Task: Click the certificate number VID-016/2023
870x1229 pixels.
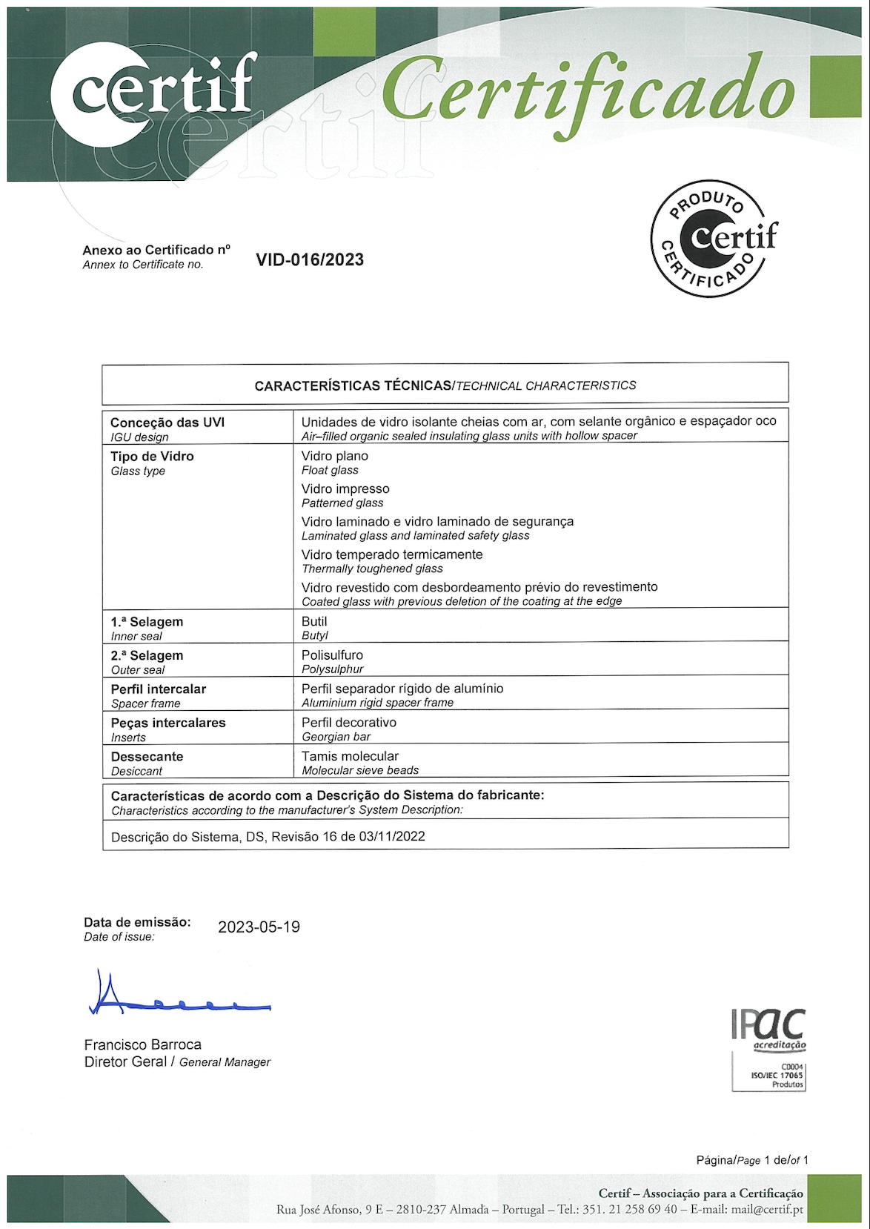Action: pyautogui.click(x=310, y=260)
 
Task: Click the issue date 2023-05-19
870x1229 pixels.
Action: pyautogui.click(x=259, y=927)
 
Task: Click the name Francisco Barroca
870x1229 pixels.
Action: pyautogui.click(x=143, y=1045)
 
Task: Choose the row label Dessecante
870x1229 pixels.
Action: pyautogui.click(x=147, y=757)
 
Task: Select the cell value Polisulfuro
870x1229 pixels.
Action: pyautogui.click(x=332, y=655)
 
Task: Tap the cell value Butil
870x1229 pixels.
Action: pyautogui.click(x=314, y=622)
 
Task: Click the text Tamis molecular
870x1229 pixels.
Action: pyautogui.click(x=350, y=756)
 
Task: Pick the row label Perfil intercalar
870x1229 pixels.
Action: pyautogui.click(x=159, y=689)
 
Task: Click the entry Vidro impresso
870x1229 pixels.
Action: pyautogui.click(x=345, y=489)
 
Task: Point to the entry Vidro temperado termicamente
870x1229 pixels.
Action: pyautogui.click(x=392, y=554)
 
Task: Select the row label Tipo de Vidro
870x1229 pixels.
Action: pyautogui.click(x=152, y=457)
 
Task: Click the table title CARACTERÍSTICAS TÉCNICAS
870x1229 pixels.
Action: pyautogui.click(x=353, y=386)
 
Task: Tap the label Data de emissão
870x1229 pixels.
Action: pyautogui.click(x=137, y=922)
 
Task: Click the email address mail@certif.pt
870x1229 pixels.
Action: pyautogui.click(x=767, y=1209)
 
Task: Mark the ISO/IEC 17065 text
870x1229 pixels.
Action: pyautogui.click(x=777, y=1075)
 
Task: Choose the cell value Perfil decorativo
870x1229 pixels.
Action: pyautogui.click(x=349, y=723)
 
